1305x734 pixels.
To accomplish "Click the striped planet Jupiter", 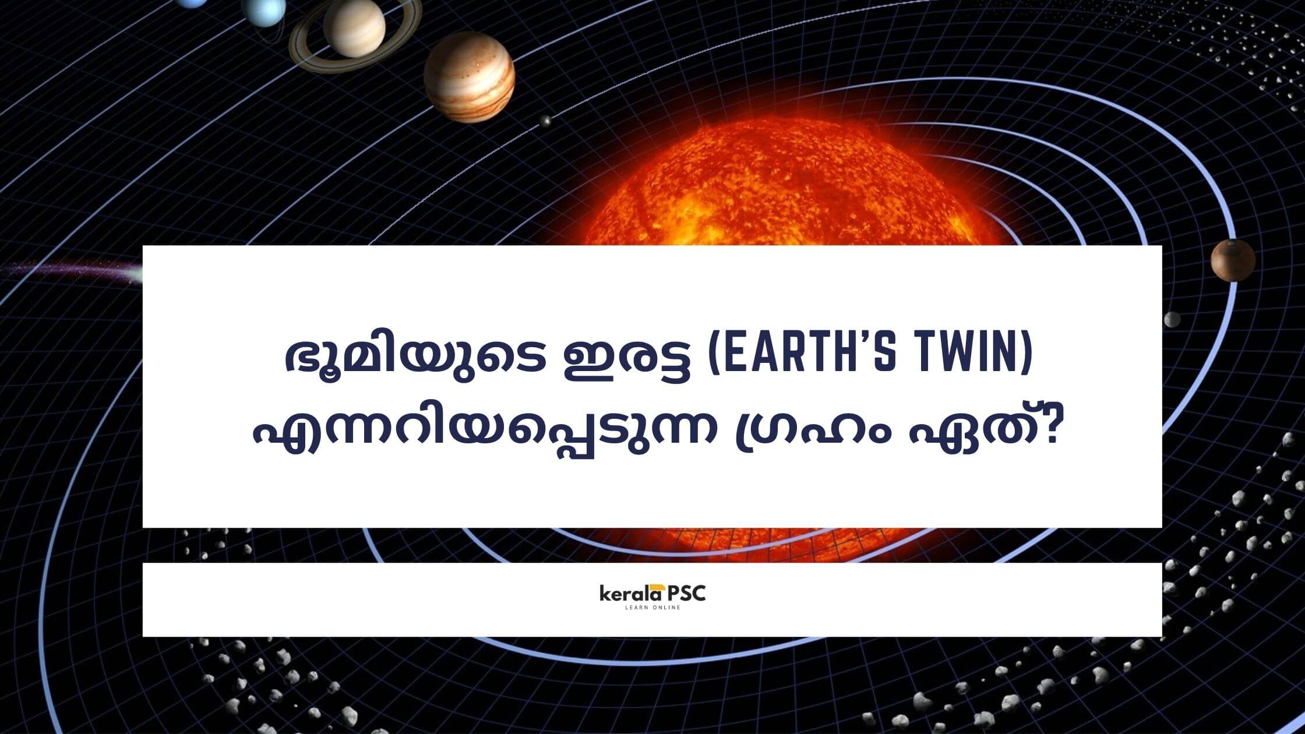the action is click(x=469, y=77).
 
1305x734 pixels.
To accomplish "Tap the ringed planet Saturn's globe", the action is click(x=354, y=27).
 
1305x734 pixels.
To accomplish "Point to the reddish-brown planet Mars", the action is click(x=1233, y=259).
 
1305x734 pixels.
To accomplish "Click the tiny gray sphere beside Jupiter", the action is click(x=545, y=121).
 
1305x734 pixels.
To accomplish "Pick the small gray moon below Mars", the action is click(x=1171, y=319).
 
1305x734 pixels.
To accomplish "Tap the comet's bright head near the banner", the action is click(x=135, y=273).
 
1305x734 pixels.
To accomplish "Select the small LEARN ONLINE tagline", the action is click(x=652, y=608).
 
